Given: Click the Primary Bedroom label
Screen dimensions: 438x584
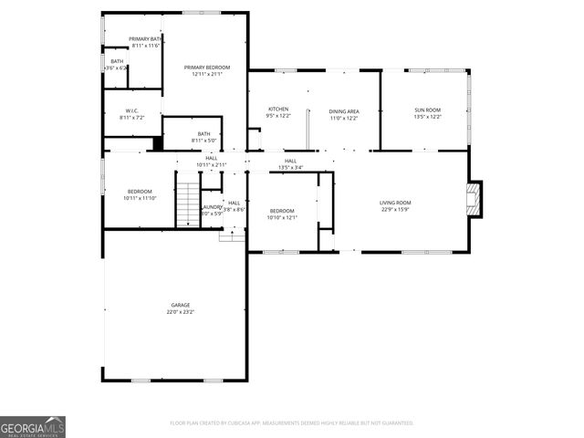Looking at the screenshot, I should point(206,68).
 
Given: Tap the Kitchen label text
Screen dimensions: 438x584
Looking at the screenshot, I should point(277,109).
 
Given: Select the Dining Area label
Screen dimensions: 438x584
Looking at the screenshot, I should point(344,110).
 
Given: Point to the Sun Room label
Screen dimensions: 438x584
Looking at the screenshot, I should point(427,109).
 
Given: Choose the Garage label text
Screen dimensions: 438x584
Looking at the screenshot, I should point(180,305).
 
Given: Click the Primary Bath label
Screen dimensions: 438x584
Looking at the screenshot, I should point(146,38).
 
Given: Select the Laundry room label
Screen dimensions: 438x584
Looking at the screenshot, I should point(212,207).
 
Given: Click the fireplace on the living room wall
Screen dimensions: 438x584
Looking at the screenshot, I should point(473,199).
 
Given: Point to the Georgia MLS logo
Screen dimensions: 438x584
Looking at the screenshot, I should point(33,426).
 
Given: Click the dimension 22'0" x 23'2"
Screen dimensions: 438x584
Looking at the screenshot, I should point(180,312).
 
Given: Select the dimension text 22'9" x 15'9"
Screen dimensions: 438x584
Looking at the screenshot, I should point(395,209).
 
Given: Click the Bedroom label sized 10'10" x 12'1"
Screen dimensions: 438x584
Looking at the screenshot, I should point(282,211).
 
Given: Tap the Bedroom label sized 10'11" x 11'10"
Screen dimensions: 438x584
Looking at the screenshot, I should point(139,191).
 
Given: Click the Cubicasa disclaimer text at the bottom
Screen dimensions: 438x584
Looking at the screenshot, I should point(292,422).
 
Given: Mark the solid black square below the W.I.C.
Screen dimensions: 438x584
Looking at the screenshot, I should point(158,143).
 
